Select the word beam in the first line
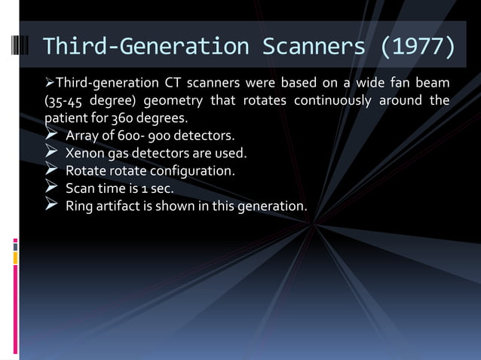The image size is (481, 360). point(433,82)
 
